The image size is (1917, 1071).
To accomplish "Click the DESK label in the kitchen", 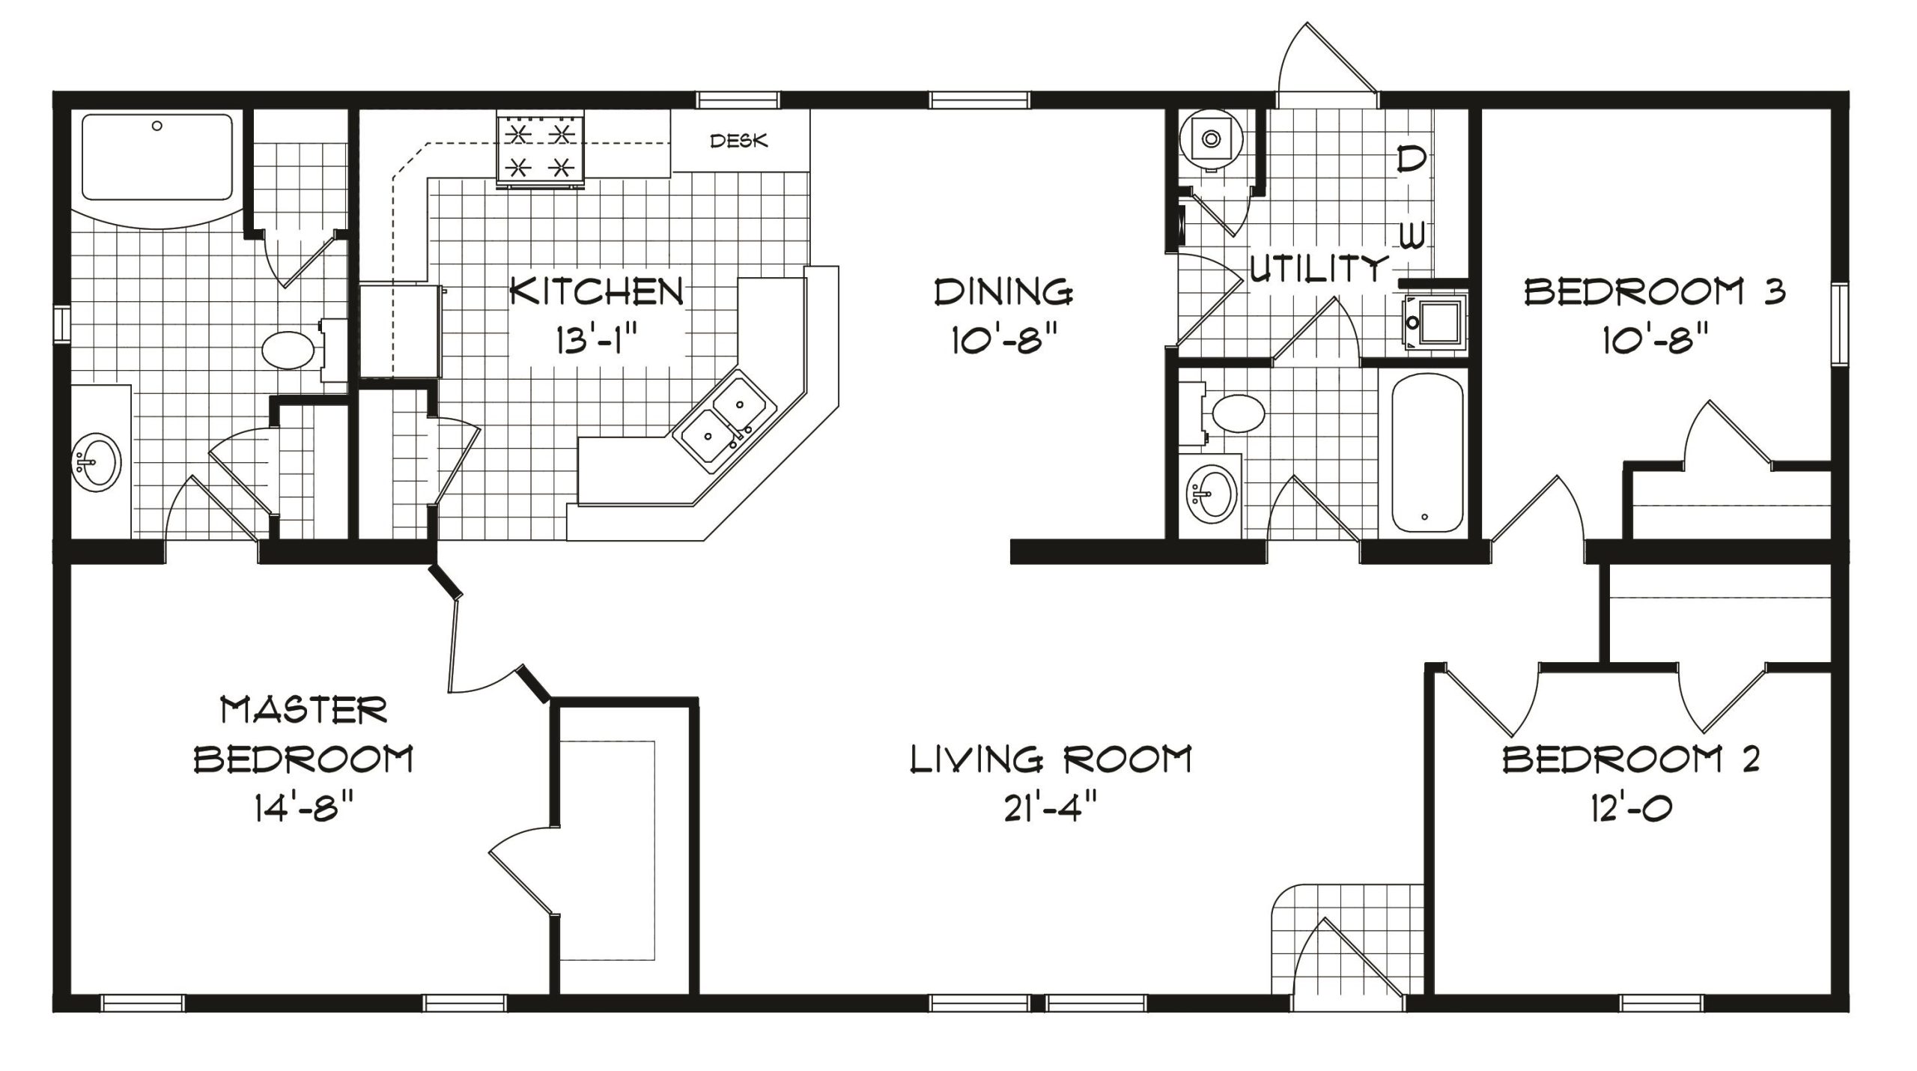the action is pyautogui.click(x=738, y=141).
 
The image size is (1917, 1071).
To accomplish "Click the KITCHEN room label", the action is pyautogui.click(x=597, y=291).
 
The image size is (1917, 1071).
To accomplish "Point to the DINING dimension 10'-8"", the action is pyautogui.click(x=1005, y=342).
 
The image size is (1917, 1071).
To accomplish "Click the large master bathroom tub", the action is pyautogui.click(x=157, y=157).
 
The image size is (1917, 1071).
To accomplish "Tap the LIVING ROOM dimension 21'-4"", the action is pyautogui.click(x=1051, y=809).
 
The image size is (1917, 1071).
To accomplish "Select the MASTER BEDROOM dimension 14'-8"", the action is pyautogui.click(x=303, y=809).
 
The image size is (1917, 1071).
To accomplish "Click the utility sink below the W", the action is pyautogui.click(x=1432, y=323).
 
